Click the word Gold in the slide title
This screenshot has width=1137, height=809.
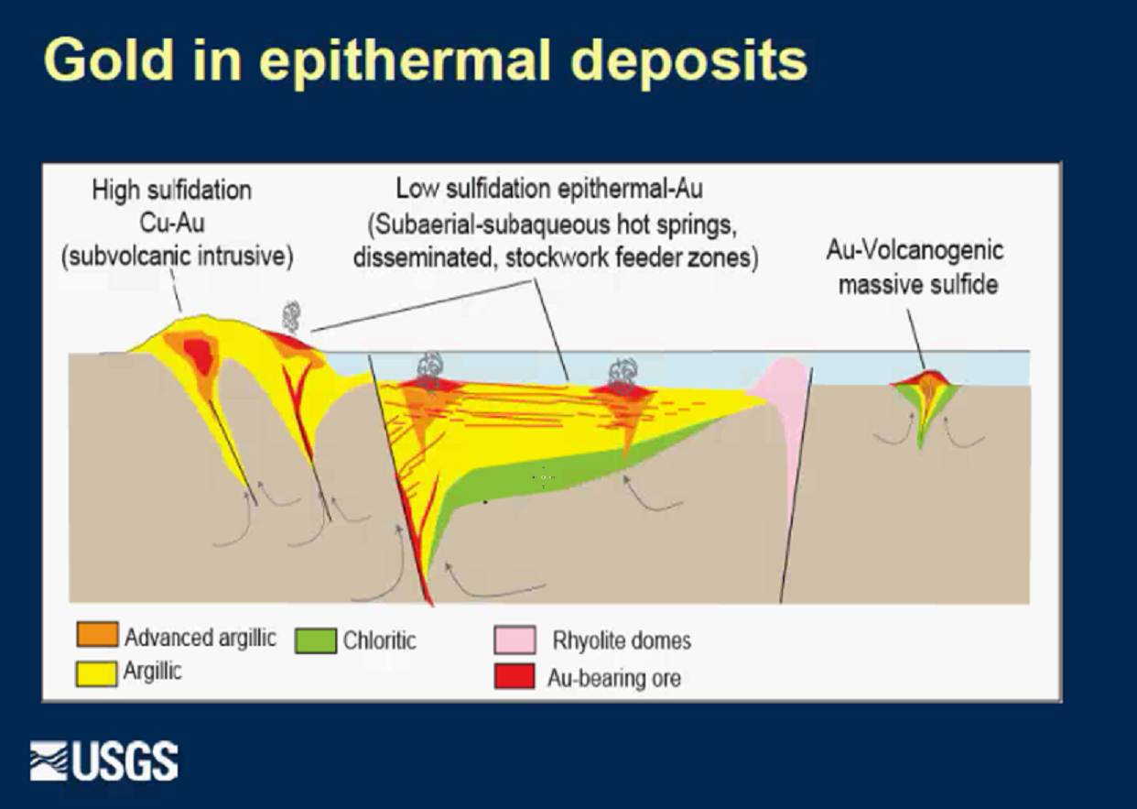coord(109,60)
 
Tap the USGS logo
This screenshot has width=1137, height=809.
coord(104,760)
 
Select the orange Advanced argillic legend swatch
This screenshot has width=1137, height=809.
coord(97,634)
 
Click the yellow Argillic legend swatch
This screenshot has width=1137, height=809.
coord(96,672)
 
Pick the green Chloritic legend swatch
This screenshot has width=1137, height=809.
coord(315,640)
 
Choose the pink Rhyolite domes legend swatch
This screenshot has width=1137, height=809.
coord(514,640)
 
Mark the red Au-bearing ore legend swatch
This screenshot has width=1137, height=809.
coord(514,676)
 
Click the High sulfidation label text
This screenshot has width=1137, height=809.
coord(171,191)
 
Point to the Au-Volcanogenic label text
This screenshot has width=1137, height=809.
coord(915,251)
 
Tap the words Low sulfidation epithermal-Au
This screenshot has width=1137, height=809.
coord(549,189)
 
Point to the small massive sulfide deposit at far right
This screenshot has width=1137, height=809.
coord(926,401)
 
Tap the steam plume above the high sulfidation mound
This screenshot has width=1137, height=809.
coord(291,316)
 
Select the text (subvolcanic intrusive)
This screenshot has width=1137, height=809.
coord(178,256)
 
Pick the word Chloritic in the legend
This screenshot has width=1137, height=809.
coord(380,640)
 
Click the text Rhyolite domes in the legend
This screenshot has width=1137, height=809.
coord(622,640)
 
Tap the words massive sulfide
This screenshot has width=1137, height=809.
coord(918,284)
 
